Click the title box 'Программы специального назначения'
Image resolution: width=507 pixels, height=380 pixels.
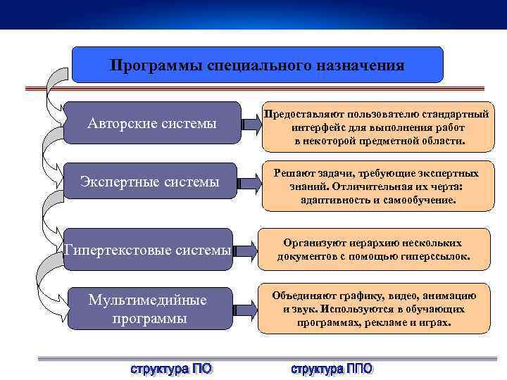pyautogui.click(x=258, y=65)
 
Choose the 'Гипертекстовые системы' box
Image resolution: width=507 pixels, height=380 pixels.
pyautogui.click(x=148, y=249)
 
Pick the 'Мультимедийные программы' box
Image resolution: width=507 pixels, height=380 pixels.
pyautogui.click(x=148, y=309)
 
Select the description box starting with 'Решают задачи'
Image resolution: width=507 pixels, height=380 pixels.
pyautogui.click(x=376, y=186)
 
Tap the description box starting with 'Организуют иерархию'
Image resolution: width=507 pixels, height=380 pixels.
pyautogui.click(x=374, y=249)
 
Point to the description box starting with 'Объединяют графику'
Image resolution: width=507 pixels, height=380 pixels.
pyautogui.click(x=374, y=309)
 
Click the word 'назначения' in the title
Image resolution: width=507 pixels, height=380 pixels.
pyautogui.click(x=363, y=65)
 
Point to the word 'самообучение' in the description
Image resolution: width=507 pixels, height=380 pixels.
pyautogui.click(x=420, y=200)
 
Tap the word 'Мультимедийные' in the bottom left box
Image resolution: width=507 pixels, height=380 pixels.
pyautogui.click(x=148, y=300)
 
